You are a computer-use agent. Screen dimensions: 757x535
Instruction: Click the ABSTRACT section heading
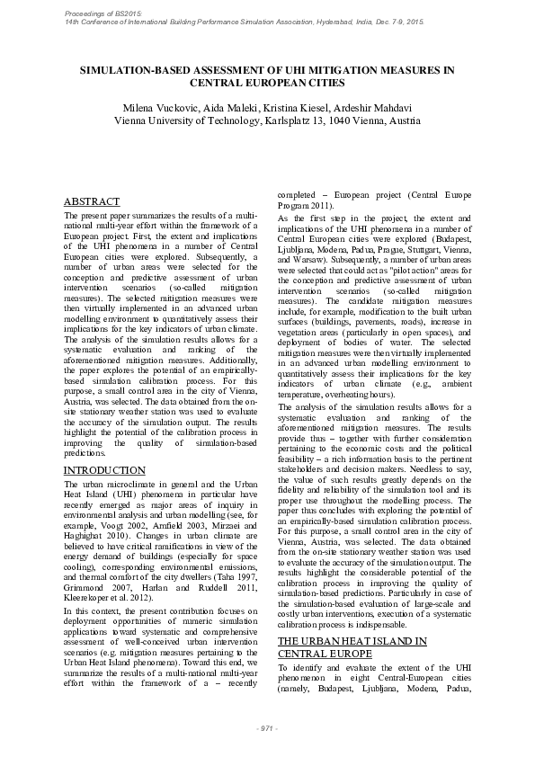[x=94, y=203]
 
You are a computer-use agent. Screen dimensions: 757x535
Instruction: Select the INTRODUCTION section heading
[x=104, y=470]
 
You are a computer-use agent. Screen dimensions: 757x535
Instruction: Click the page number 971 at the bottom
[x=267, y=726]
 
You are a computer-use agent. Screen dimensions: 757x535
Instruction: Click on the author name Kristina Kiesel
[x=296, y=107]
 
